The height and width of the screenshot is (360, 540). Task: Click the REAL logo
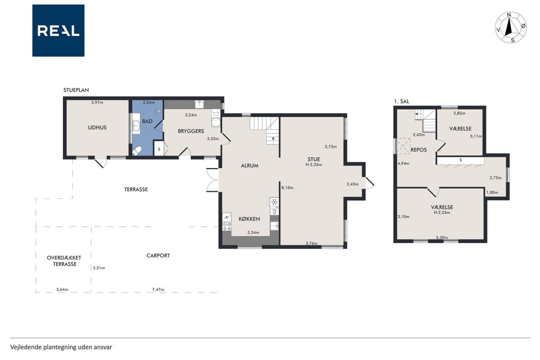tap(58, 31)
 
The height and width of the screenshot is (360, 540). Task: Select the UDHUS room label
tap(97, 127)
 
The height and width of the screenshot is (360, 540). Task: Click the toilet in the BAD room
tap(137, 151)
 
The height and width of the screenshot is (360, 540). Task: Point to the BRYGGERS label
tap(191, 131)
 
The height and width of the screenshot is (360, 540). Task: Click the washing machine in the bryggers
tap(216, 122)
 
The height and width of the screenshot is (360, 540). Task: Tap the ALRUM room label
tap(249, 166)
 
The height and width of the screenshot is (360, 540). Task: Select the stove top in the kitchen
tap(227, 227)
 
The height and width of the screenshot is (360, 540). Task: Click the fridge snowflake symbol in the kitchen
tap(274, 202)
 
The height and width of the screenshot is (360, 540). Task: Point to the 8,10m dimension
tap(287, 187)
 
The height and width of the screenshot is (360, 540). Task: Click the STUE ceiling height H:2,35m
tap(313, 165)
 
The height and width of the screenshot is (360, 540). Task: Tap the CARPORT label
tap(158, 256)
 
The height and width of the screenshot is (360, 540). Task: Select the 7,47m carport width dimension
tap(158, 290)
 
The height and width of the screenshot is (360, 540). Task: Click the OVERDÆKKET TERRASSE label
tap(64, 261)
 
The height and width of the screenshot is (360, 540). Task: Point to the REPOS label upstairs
tap(419, 150)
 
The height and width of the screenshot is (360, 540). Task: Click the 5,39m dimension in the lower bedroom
tap(442, 238)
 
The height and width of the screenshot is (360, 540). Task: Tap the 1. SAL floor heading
tap(402, 102)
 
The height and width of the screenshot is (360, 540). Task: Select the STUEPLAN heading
tap(76, 90)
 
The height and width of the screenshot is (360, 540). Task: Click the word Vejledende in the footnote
tap(26, 347)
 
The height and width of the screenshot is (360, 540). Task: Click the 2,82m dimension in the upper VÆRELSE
tap(459, 113)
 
